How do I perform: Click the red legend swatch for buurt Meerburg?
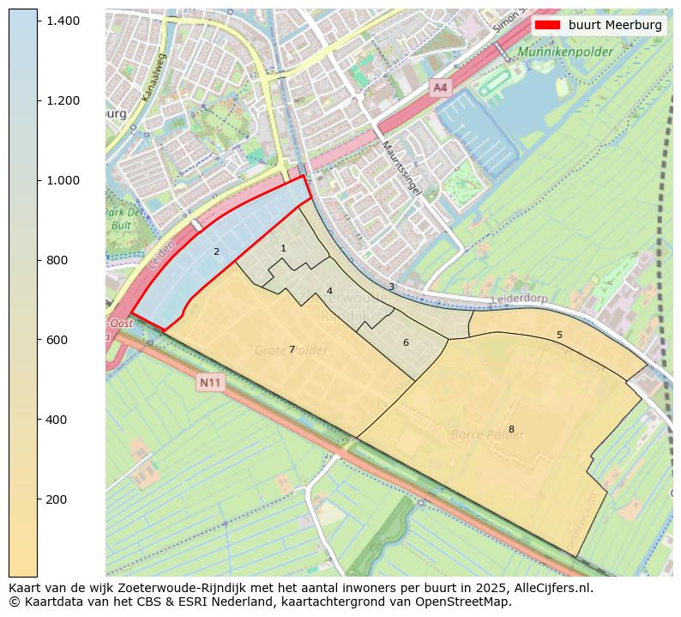pos(547,25)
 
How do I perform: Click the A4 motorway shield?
pos(440,88)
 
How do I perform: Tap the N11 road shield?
pos(209,383)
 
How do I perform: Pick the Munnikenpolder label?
pos(564,52)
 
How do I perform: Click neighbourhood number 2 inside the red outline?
pos(216,251)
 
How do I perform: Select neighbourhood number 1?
pos(283,248)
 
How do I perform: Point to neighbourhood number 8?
pos(511,429)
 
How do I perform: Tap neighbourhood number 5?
pos(559,335)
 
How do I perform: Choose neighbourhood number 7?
pos(292,349)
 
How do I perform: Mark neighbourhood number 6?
pos(406,342)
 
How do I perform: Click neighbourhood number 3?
pos(391,287)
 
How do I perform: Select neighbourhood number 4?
pos(329,291)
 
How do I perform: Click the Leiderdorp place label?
pos(520,300)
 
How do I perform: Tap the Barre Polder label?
pos(487,435)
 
